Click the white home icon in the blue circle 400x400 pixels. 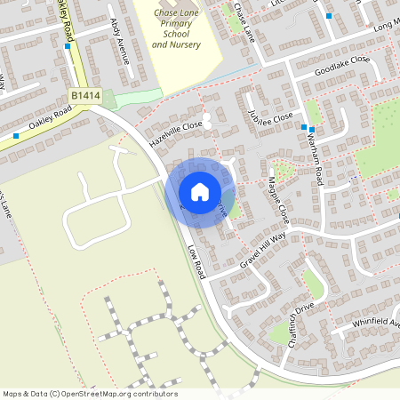(x=199, y=191)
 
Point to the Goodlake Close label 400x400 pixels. (x=341, y=66)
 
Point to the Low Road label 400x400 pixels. (x=196, y=264)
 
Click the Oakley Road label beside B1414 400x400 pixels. (x=50, y=118)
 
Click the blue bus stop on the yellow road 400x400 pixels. (x=68, y=46)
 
